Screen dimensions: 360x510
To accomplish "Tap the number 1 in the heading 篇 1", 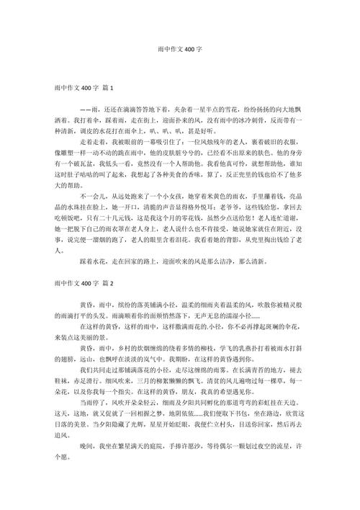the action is pos(113,87).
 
